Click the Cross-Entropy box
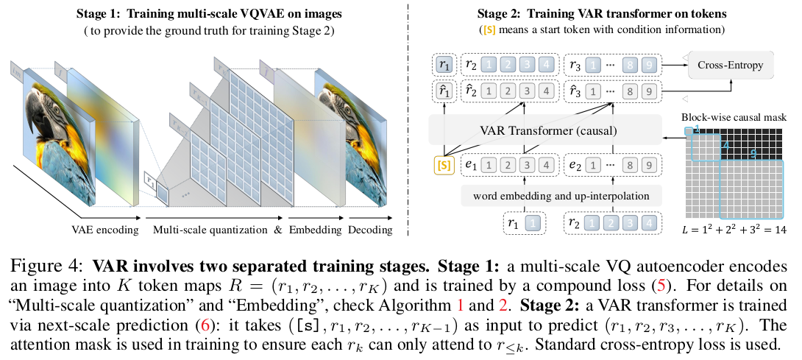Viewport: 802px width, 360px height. (x=731, y=66)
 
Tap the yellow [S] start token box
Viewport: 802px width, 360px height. (x=444, y=165)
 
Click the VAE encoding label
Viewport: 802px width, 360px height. (x=106, y=230)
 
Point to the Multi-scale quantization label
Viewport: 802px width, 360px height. (x=209, y=230)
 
